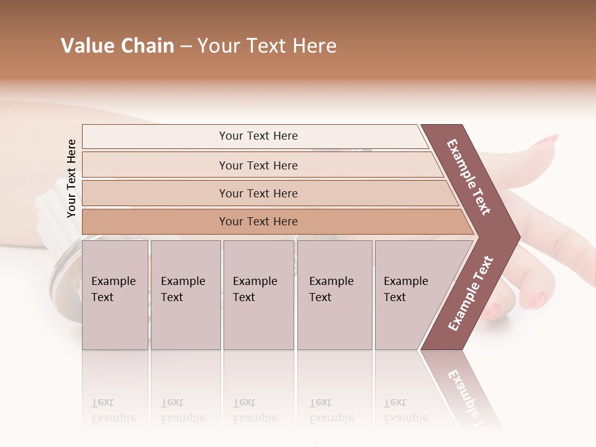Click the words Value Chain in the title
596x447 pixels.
point(117,46)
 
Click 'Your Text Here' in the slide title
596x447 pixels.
point(267,46)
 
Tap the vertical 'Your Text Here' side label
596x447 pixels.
point(72,178)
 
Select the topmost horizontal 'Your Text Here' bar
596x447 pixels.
point(258,136)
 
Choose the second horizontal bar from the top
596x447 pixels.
point(258,165)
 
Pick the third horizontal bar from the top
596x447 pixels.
point(258,193)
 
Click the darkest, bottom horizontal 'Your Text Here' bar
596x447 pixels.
point(258,222)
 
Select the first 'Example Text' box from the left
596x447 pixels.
point(115,295)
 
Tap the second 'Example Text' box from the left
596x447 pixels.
point(185,295)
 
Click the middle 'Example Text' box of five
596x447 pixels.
point(258,295)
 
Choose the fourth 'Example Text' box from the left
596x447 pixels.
point(335,295)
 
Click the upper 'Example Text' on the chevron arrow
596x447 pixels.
point(469,177)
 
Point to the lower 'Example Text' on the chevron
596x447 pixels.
point(471,293)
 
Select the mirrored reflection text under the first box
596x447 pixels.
point(114,411)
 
